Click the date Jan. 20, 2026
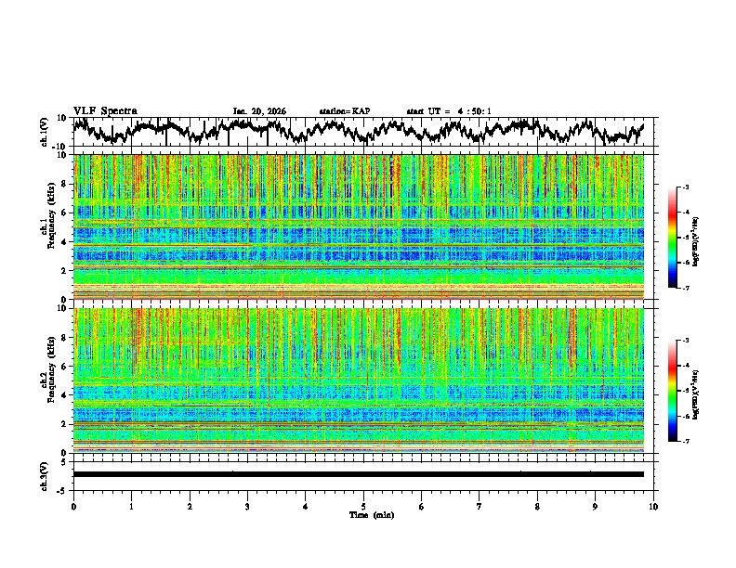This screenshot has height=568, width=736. pyautogui.click(x=259, y=111)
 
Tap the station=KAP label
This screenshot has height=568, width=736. pyautogui.click(x=344, y=111)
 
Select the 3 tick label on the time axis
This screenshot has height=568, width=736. pyautogui.click(x=247, y=506)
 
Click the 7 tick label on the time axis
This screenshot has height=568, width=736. pyautogui.click(x=480, y=506)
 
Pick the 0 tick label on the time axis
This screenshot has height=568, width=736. pyautogui.click(x=73, y=506)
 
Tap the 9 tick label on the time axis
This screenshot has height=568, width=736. pyautogui.click(x=596, y=506)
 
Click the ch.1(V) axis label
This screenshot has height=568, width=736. pyautogui.click(x=45, y=132)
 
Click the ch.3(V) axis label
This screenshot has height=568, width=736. pyautogui.click(x=45, y=473)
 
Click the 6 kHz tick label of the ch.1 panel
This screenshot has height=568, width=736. pyautogui.click(x=65, y=213)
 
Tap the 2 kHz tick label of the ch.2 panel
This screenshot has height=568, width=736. pyautogui.click(x=65, y=423)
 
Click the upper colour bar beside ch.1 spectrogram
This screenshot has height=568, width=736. pyautogui.click(x=674, y=238)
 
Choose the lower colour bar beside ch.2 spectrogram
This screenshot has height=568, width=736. pyautogui.click(x=674, y=391)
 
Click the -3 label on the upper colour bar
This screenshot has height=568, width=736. pyautogui.click(x=685, y=187)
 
